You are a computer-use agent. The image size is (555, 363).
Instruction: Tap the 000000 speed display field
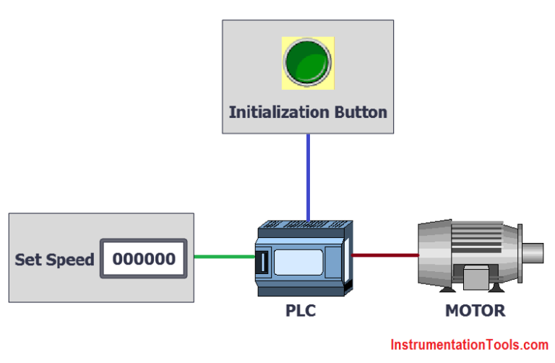tap(143, 258)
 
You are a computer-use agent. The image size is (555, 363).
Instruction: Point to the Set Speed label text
tap(54, 259)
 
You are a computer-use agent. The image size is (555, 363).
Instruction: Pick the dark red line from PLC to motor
tap(384, 255)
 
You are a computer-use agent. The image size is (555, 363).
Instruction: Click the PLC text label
tap(300, 312)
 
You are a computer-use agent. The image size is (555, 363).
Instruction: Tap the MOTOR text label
tap(475, 312)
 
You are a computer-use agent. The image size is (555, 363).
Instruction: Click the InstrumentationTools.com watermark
tap(470, 345)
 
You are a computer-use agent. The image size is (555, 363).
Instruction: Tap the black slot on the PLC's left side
tap(264, 262)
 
